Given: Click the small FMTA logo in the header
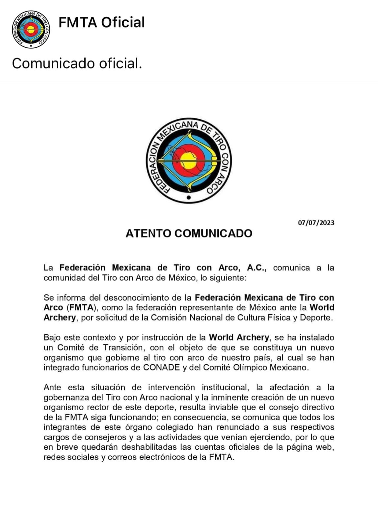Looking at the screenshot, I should point(31,30).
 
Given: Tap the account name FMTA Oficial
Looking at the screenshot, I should point(101,23).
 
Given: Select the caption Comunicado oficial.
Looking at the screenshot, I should point(77,63).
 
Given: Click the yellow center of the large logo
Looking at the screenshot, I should point(189,161).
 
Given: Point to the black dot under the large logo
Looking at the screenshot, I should point(189,198).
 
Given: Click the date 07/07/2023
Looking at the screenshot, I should point(316,223).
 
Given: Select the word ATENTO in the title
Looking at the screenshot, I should point(148,233).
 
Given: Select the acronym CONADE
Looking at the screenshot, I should point(161,368).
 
